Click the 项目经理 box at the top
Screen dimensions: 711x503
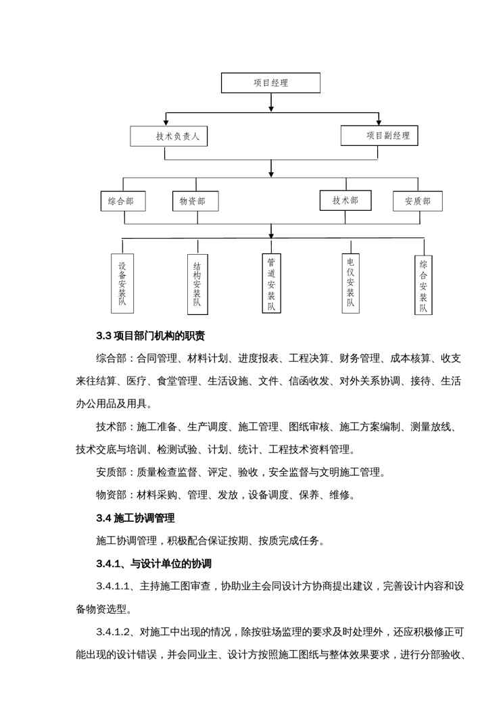270,82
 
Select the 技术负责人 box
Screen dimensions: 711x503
169,136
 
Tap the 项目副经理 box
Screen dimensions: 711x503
379,135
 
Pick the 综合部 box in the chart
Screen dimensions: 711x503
123,201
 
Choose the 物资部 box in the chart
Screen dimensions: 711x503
195,201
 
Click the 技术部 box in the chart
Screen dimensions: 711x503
345,200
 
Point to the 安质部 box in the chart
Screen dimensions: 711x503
418,201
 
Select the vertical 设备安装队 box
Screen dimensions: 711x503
122,284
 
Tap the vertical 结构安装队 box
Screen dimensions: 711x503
197,285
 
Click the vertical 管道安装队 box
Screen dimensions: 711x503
271,283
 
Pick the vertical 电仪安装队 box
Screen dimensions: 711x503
350,283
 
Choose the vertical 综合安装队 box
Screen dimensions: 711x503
423,285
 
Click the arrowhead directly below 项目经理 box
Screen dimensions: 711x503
271,107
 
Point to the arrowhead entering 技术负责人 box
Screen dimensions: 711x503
166,122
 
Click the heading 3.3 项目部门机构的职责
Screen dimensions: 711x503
150,336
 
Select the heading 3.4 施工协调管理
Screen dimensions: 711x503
135,518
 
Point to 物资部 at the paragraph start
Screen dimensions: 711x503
111,495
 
